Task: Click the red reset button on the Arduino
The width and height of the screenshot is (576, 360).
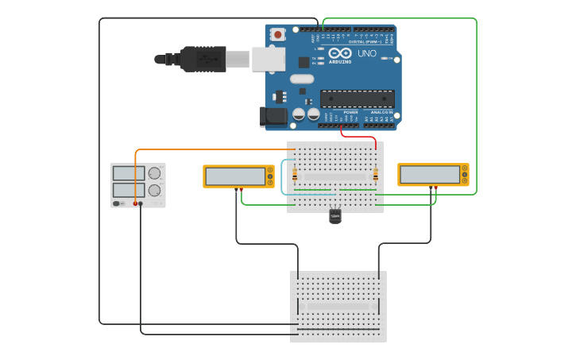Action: (x=277, y=34)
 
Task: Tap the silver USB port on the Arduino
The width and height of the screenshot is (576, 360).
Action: (x=269, y=59)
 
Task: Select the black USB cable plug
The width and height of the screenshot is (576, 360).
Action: (x=203, y=59)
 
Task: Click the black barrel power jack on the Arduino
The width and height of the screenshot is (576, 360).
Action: (x=273, y=117)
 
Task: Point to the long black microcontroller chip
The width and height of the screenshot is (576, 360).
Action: (x=357, y=99)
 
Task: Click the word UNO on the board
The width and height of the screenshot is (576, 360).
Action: (x=367, y=53)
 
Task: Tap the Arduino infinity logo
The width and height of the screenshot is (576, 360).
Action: (x=340, y=52)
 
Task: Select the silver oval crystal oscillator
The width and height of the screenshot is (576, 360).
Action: (x=302, y=79)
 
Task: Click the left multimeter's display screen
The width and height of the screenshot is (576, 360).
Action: (x=235, y=176)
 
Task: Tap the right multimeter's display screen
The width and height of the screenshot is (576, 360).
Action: (x=430, y=175)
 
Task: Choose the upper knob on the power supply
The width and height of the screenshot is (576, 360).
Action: (x=154, y=173)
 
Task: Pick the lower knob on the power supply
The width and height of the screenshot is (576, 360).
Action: (x=154, y=191)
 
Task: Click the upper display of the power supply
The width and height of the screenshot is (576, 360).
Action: (x=128, y=173)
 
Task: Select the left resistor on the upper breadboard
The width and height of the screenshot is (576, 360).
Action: (x=295, y=174)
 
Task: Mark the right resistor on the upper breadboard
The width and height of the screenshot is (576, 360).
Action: (x=375, y=174)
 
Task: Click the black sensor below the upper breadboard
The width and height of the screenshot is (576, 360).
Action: (x=335, y=216)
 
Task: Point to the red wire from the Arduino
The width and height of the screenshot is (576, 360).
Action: (x=358, y=136)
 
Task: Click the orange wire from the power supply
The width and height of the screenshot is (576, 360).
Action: (x=207, y=149)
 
